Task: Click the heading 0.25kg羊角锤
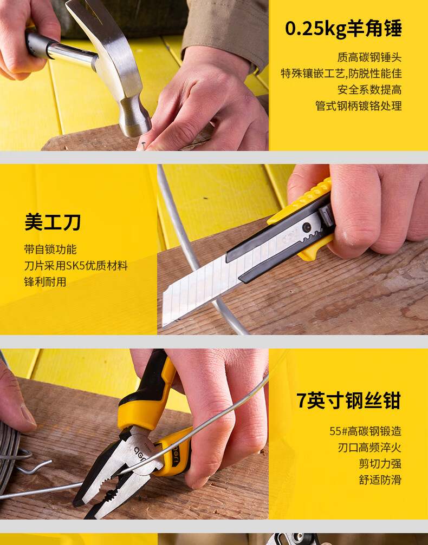click(343, 29)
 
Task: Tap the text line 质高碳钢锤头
click(369, 57)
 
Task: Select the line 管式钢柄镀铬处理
click(358, 106)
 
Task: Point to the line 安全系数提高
click(369, 89)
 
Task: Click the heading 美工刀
click(53, 222)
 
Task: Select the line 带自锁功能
click(50, 249)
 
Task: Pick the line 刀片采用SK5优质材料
click(76, 266)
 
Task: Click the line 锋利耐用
click(45, 282)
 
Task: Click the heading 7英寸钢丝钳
click(348, 401)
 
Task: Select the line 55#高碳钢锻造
click(365, 431)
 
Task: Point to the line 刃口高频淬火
click(369, 448)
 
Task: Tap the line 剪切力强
click(380, 464)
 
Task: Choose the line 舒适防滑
click(380, 480)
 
